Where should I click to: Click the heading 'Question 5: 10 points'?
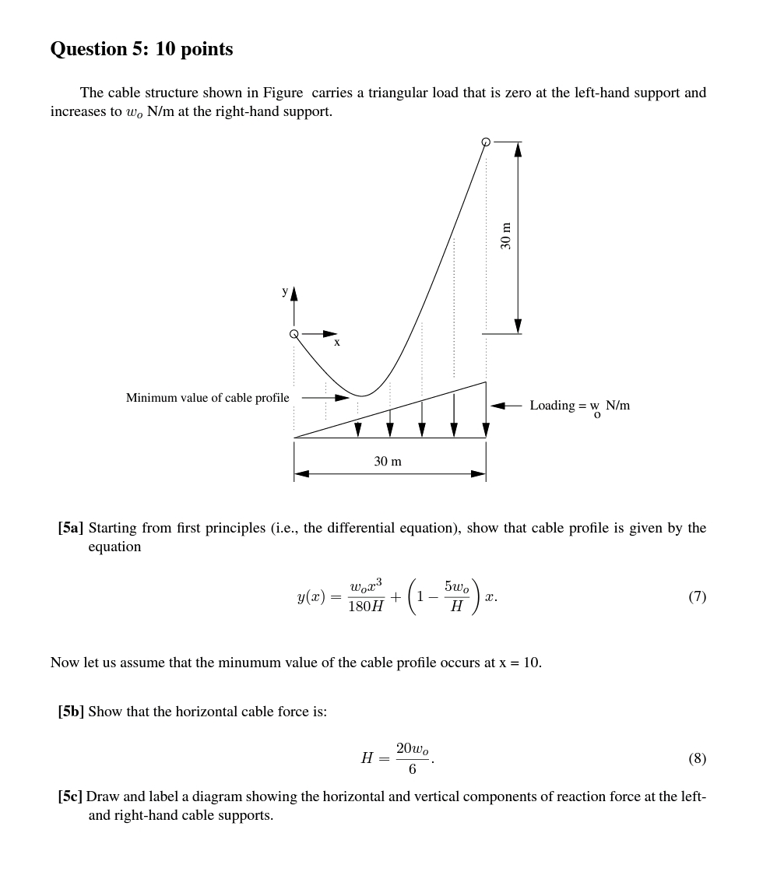pyautogui.click(x=141, y=49)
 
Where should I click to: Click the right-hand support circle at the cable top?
pyautogui.click(x=486, y=142)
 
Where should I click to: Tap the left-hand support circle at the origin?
pyautogui.click(x=294, y=334)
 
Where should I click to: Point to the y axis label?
pyautogui.click(x=285, y=291)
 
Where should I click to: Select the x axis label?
pyautogui.click(x=337, y=342)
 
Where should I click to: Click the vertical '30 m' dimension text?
pyautogui.click(x=506, y=236)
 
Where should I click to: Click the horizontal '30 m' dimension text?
pyautogui.click(x=388, y=462)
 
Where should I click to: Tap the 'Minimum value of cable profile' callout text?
pyautogui.click(x=207, y=398)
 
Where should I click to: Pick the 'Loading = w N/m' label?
pyautogui.click(x=579, y=406)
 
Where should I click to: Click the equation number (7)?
pyautogui.click(x=697, y=597)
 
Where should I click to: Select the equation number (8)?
pyautogui.click(x=697, y=758)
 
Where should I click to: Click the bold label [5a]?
pyautogui.click(x=70, y=528)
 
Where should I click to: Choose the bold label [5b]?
pyautogui.click(x=71, y=712)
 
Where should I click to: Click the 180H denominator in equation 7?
pyautogui.click(x=365, y=607)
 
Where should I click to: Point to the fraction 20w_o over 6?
pyautogui.click(x=412, y=758)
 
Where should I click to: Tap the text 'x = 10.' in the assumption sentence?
pyautogui.click(x=520, y=663)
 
